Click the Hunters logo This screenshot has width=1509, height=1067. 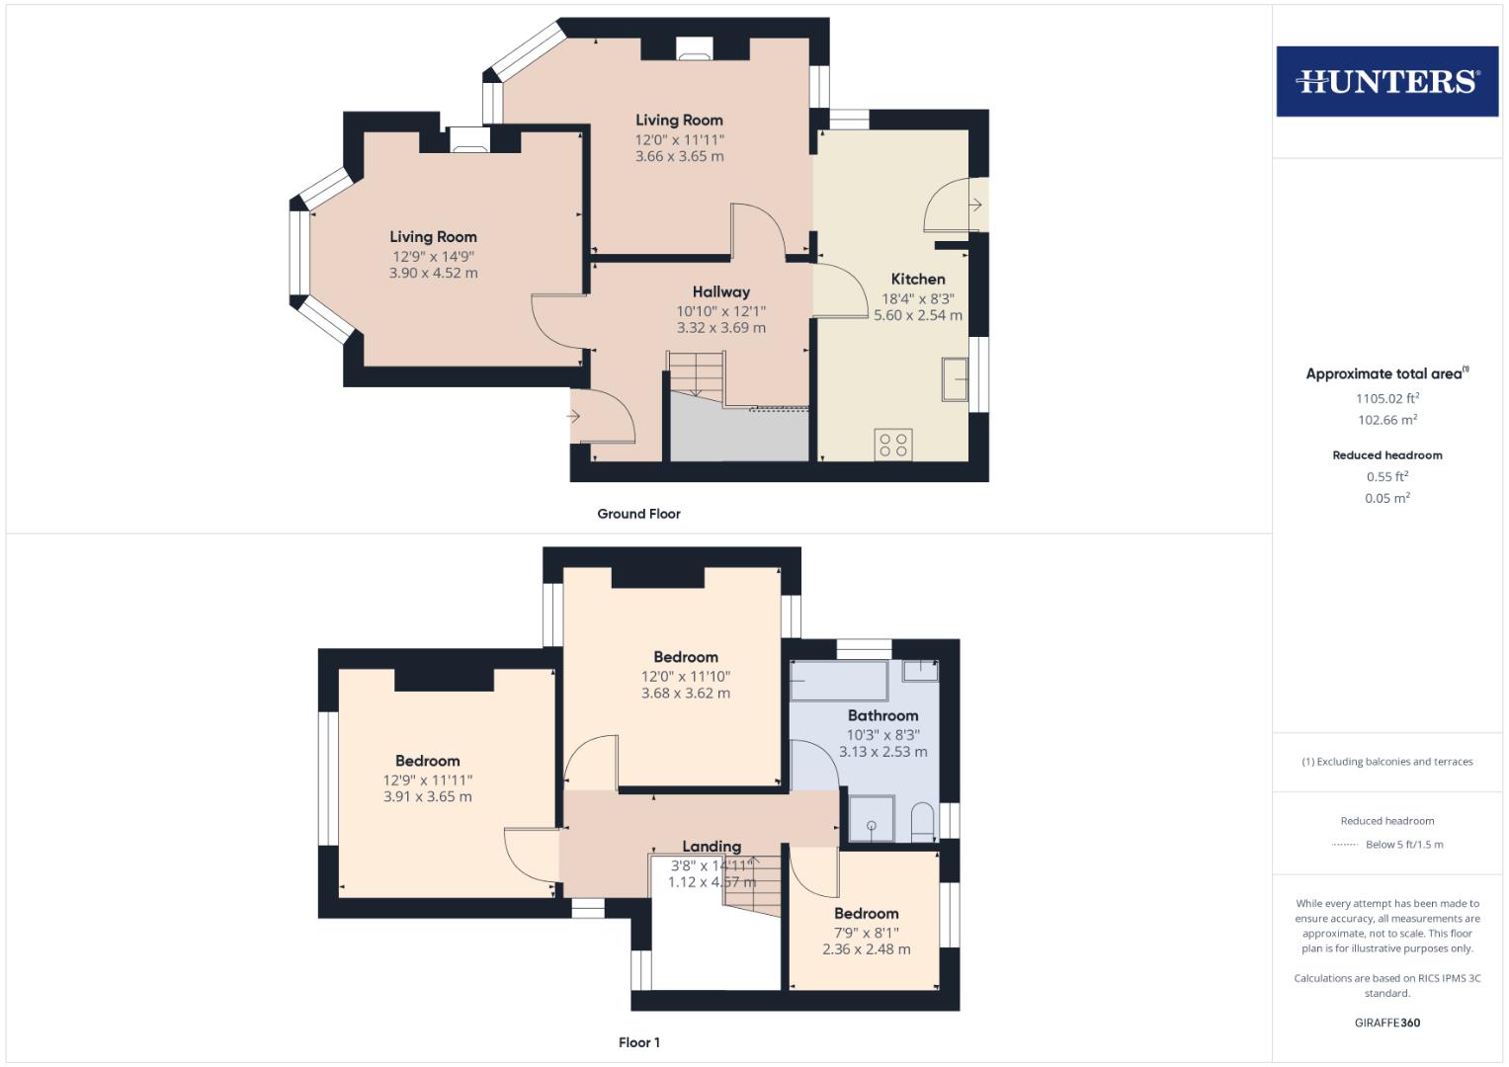pos(1386,81)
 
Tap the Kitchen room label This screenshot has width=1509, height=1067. pos(918,280)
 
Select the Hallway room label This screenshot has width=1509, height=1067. pos(720,292)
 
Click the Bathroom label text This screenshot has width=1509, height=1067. pos(882,715)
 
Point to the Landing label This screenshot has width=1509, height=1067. pos(712,847)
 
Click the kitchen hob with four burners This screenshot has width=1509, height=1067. pos(893,444)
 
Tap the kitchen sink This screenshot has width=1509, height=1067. pos(955,379)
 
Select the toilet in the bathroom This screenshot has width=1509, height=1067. pos(923,821)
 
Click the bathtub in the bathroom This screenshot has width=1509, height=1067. pos(839,682)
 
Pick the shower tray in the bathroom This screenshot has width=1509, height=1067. pos(872,820)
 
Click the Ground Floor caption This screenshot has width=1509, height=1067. pos(638,514)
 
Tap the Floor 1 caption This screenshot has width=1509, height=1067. pos(639,1042)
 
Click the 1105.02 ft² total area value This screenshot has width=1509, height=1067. pos(1387,399)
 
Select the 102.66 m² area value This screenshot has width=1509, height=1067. pos(1387,420)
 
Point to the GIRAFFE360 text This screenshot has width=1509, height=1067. pos(1387,1023)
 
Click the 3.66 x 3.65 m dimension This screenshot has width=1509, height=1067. pos(679,156)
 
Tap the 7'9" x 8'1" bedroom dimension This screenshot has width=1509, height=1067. pos(867,933)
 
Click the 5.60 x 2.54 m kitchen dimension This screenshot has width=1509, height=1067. pos(918,315)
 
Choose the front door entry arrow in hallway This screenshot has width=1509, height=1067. pos(573,416)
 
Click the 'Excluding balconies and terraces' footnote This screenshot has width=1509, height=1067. pos(1387,762)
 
